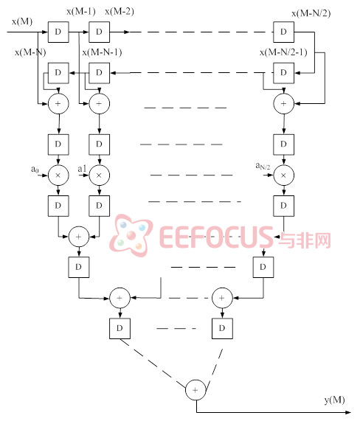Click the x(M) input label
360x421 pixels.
[22, 21]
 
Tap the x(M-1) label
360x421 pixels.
[81, 11]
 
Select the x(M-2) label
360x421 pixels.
[120, 11]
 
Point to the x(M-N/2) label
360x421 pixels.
[311, 13]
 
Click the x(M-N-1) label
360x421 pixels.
[102, 52]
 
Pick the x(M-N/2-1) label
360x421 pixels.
[283, 52]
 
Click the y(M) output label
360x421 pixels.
[334, 400]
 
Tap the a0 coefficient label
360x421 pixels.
[35, 169]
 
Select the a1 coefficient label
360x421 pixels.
[82, 169]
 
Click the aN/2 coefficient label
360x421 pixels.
[263, 166]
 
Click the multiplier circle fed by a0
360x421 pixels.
[58, 175]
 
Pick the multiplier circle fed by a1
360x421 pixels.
[99, 175]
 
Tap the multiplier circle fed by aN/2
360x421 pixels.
[284, 175]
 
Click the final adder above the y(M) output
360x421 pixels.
[195, 390]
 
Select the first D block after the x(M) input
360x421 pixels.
[58, 32]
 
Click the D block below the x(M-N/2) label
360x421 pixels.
[284, 32]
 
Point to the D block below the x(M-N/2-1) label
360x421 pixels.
[284, 73]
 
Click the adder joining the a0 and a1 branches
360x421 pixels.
[79, 237]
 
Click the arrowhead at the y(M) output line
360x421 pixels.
[348, 412]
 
